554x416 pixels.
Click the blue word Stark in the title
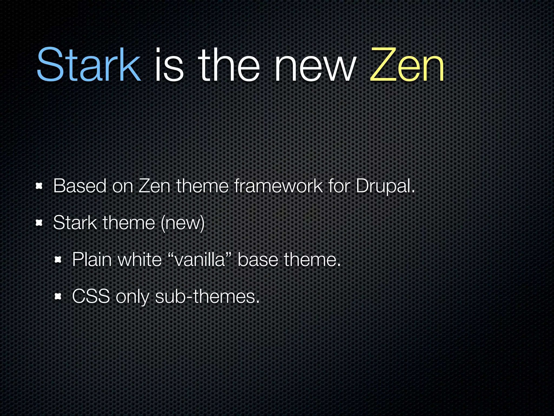click(89, 65)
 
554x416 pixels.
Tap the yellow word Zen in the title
click(407, 65)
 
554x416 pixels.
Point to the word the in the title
click(229, 65)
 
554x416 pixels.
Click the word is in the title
click(169, 65)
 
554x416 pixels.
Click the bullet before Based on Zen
click(39, 186)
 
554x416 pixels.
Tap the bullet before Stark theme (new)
click(39, 223)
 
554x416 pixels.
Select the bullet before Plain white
click(58, 260)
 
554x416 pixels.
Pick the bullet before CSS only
click(58, 297)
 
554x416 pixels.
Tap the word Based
click(80, 186)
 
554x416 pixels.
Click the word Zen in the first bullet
click(154, 186)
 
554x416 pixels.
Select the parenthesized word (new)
click(183, 223)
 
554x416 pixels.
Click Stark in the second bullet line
click(75, 223)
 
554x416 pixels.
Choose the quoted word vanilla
click(200, 260)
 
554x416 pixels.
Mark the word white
click(140, 260)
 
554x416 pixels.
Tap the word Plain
click(92, 260)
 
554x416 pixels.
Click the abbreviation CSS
click(91, 297)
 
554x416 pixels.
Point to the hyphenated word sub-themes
click(207, 297)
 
